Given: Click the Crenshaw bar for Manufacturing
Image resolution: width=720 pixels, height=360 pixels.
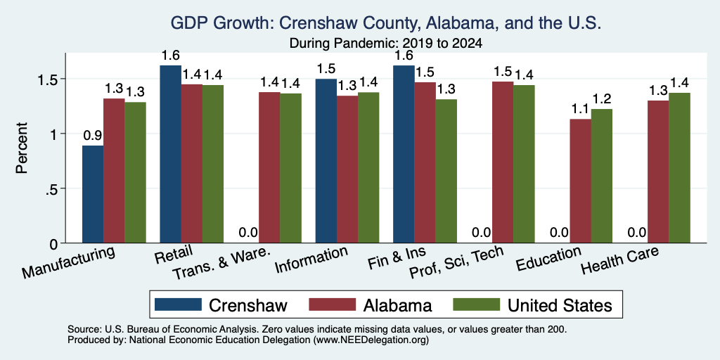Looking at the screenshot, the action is click(x=93, y=194).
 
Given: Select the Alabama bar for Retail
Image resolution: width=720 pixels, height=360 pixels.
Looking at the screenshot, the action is click(x=191, y=163).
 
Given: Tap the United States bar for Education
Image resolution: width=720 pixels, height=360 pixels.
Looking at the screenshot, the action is click(x=602, y=176).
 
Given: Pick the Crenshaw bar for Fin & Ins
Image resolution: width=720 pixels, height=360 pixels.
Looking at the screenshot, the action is click(x=404, y=154).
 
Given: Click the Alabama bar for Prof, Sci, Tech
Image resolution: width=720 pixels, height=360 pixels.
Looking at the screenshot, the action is click(x=503, y=162).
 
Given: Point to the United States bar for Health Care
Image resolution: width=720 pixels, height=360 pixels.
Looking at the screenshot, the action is click(x=679, y=168).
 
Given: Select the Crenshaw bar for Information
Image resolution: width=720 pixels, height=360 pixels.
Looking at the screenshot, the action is click(x=326, y=161).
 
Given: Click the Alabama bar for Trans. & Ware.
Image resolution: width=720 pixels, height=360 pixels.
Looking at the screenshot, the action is click(x=269, y=167).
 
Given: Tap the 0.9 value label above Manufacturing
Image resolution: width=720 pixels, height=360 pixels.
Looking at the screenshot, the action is click(x=92, y=136).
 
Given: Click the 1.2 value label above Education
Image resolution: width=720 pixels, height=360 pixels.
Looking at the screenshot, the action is click(x=602, y=98).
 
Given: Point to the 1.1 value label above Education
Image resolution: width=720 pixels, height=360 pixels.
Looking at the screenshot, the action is click(x=580, y=109).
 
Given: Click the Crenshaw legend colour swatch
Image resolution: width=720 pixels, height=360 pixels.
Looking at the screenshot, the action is click(x=178, y=304).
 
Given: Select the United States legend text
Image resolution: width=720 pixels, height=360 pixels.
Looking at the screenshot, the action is click(x=560, y=305).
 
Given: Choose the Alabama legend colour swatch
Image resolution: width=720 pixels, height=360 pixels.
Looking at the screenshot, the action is click(x=333, y=304).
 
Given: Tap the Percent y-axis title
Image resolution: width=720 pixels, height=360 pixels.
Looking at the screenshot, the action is click(x=22, y=148).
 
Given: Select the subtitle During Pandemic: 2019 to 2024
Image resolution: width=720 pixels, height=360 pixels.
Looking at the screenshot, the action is click(x=386, y=44).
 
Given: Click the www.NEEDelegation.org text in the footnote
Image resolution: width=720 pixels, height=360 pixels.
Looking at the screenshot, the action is click(x=371, y=340).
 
